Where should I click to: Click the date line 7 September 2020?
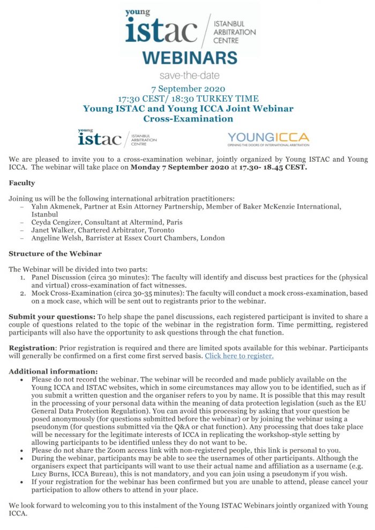188,89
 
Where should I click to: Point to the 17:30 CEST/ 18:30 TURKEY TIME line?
188,99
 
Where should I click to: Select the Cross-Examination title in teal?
188,118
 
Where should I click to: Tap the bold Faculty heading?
22,183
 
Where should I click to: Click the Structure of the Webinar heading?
55,254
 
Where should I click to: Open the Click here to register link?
239,355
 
